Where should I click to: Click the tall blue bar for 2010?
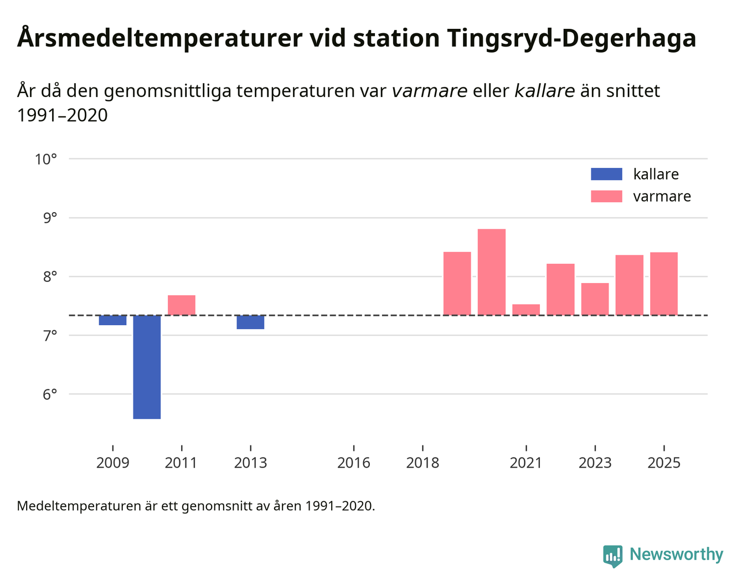(147, 367)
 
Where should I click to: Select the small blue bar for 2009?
(112, 320)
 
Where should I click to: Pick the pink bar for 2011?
(182, 305)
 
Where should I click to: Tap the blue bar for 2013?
(250, 322)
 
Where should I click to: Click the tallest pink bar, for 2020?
(492, 272)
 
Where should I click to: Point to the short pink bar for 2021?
(526, 310)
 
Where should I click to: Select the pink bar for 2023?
(595, 299)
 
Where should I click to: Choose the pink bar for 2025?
(664, 284)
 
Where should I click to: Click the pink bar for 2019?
(457, 284)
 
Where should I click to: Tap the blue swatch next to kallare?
(606, 174)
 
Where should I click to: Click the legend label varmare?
(662, 197)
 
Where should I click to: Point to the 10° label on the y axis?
(46, 160)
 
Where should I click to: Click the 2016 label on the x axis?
(354, 463)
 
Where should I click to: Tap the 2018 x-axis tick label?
(422, 463)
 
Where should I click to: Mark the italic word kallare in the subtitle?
(544, 91)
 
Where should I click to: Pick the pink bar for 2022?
(560, 289)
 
